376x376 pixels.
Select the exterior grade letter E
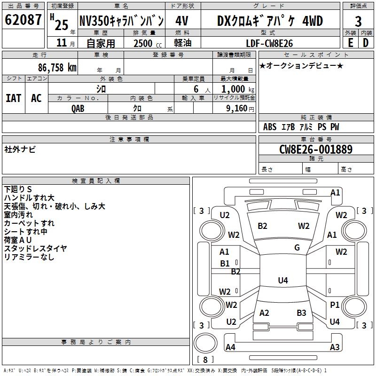(350, 42)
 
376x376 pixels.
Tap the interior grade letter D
(366, 42)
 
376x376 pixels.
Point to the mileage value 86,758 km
(57, 68)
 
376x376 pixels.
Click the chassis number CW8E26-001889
(315, 149)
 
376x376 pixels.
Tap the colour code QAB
(78, 108)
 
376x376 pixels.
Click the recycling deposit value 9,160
(235, 108)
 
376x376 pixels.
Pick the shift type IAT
(13, 98)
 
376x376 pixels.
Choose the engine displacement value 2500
(143, 43)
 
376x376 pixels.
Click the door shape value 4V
(182, 21)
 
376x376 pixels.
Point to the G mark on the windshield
(297, 248)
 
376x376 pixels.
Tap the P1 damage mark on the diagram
(335, 305)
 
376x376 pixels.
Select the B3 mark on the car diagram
(301, 313)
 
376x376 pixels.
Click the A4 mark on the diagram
(230, 347)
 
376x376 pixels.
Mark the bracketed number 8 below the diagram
(205, 360)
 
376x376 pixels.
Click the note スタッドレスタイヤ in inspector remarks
(36, 248)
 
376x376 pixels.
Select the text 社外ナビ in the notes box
(20, 149)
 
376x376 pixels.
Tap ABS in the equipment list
(270, 127)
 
